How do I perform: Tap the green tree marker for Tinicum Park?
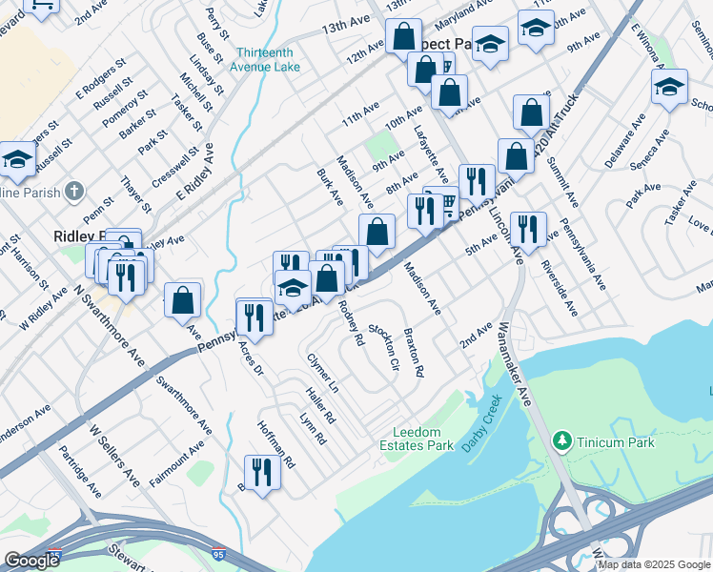click(x=562, y=440)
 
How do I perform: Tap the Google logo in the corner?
click(x=31, y=561)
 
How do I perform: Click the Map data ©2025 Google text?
click(x=653, y=564)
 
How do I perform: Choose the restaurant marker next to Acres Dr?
click(x=254, y=316)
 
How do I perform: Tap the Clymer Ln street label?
click(x=322, y=373)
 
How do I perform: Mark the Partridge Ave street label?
click(x=80, y=471)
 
